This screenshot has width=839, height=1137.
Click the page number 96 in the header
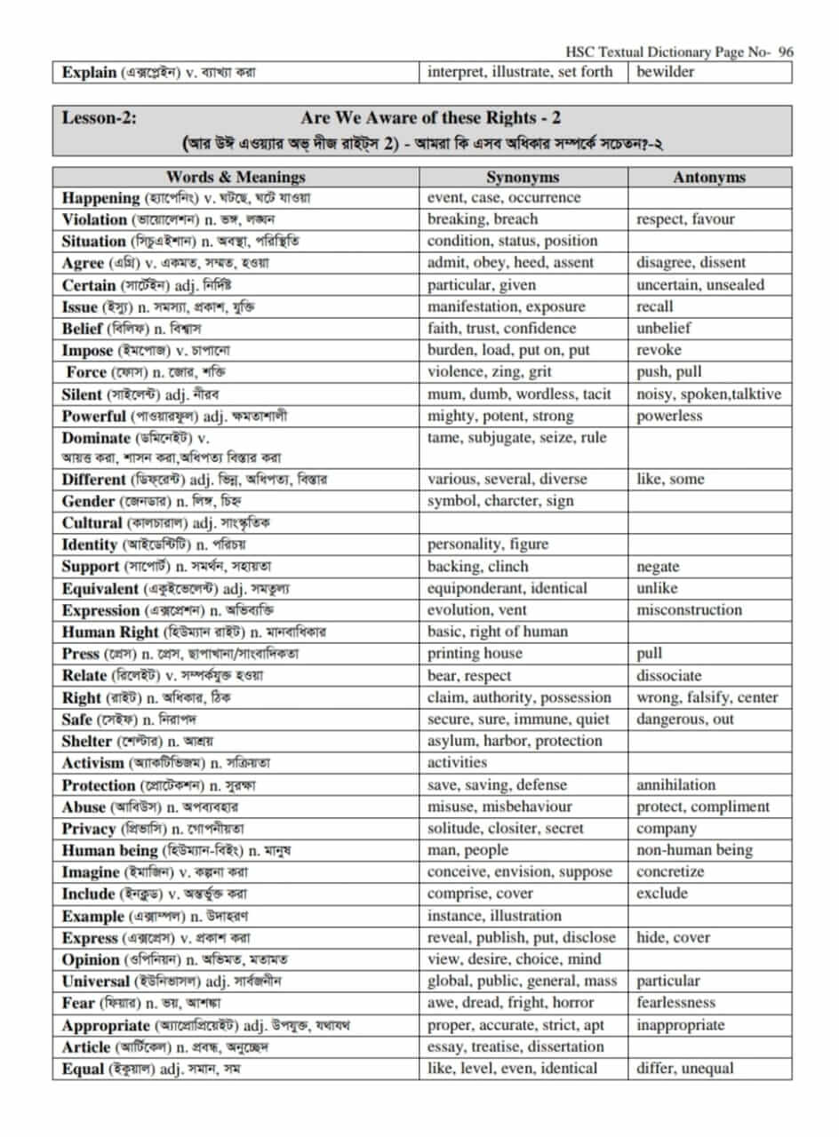785,52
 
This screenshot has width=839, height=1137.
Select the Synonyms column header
523,177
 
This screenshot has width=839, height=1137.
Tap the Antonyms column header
708,177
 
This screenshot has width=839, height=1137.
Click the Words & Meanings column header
236,177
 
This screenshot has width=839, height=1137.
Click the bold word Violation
94,219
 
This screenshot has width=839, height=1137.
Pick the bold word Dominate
97,437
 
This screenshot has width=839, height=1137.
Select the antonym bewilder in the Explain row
666,72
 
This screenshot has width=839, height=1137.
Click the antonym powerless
669,416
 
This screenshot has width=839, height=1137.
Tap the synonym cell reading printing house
475,654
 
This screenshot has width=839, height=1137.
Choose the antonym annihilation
675,785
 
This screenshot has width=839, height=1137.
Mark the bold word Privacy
89,829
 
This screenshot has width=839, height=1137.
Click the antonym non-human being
694,850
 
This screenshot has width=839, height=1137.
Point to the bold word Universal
96,982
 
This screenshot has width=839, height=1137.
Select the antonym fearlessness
675,1003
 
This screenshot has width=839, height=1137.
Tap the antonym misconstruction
689,610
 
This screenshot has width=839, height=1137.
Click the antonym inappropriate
680,1025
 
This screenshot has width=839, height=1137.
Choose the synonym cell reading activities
457,763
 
